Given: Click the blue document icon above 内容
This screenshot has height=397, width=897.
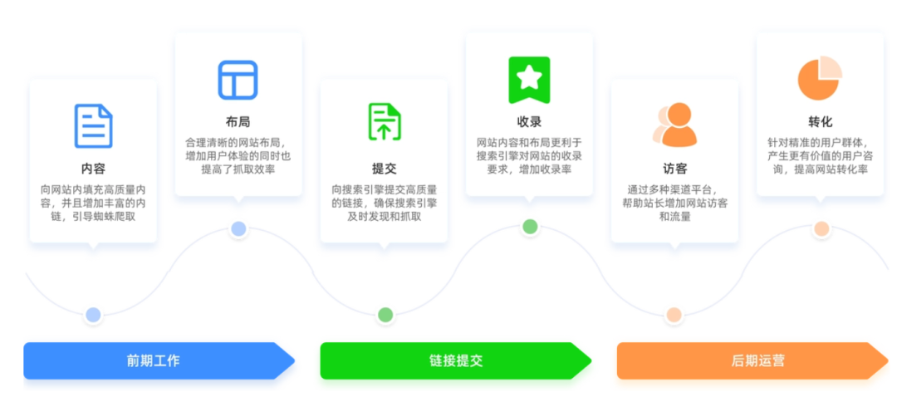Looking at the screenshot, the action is click(x=93, y=125).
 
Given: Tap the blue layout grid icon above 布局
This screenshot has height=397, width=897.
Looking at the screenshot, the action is click(x=238, y=81).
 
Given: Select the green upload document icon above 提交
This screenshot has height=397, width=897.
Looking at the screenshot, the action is click(x=385, y=122).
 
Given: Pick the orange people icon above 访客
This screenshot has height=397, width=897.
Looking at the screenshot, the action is click(x=674, y=125).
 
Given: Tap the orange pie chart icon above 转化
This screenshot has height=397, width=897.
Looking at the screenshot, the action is click(x=820, y=79).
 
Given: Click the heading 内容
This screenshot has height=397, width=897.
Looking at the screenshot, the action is click(x=93, y=169).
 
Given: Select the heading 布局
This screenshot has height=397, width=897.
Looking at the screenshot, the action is click(x=238, y=122).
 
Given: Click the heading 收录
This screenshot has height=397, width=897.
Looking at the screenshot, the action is click(x=529, y=122).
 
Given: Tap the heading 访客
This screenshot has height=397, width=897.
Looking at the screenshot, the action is click(x=674, y=169).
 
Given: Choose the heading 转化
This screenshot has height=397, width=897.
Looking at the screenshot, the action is click(x=820, y=122).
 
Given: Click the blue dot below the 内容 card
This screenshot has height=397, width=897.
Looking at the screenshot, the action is click(x=93, y=315).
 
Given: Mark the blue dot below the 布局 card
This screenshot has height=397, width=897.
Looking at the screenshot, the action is click(x=238, y=228).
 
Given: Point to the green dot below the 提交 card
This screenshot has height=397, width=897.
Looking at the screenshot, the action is click(x=385, y=315).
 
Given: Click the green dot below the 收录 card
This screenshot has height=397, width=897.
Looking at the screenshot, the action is click(x=530, y=227).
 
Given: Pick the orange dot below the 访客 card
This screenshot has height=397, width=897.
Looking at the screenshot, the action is click(x=674, y=315).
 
